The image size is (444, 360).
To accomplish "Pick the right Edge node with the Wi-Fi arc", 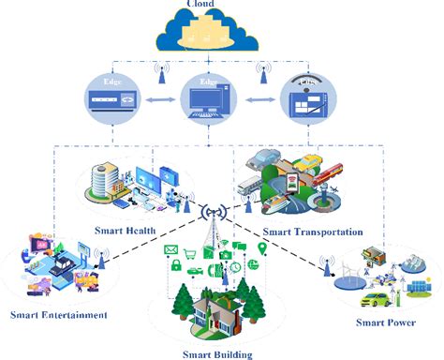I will (309, 97).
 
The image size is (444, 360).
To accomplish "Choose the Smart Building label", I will (217, 352).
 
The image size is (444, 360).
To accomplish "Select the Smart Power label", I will (386, 322).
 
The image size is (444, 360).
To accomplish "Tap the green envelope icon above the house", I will (170, 249).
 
